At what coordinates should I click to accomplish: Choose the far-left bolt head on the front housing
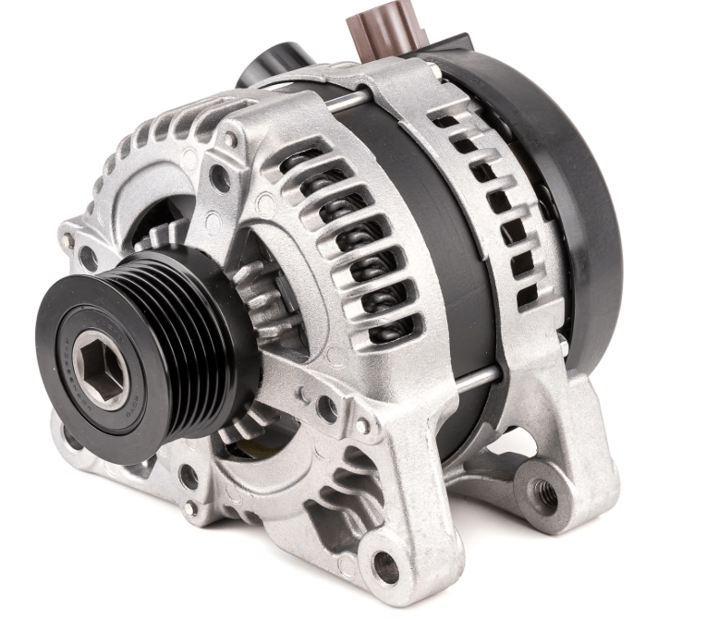pos(67,241)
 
